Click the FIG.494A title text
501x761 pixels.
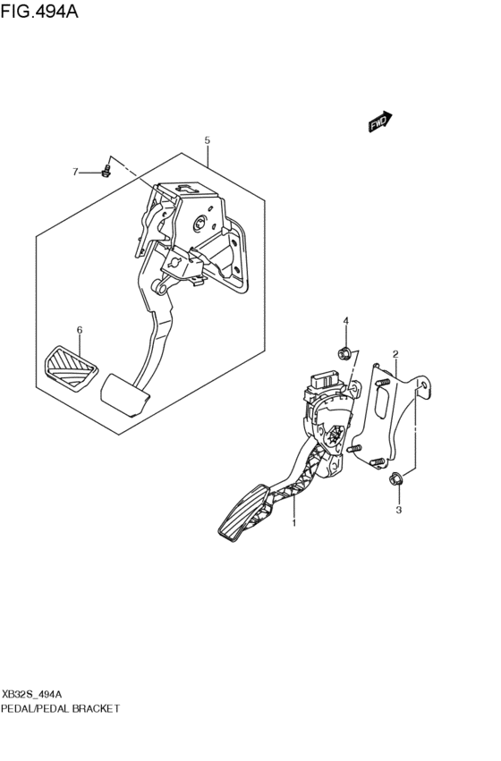[39, 10]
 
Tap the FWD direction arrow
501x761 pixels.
[379, 122]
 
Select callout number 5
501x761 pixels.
[208, 140]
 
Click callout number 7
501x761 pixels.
[75, 172]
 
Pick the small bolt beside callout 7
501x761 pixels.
[106, 171]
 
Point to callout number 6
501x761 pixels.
[80, 330]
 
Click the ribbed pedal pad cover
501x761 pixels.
[71, 367]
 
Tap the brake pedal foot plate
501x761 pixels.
[125, 394]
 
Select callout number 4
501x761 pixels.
[346, 320]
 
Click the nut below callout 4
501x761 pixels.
[344, 354]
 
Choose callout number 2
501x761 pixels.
[395, 354]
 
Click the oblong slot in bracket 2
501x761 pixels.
[383, 400]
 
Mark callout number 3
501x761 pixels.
[399, 510]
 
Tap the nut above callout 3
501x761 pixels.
[395, 479]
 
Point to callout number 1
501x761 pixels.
[293, 523]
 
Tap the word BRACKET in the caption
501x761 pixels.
[95, 708]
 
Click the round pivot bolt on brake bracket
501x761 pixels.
[200, 223]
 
